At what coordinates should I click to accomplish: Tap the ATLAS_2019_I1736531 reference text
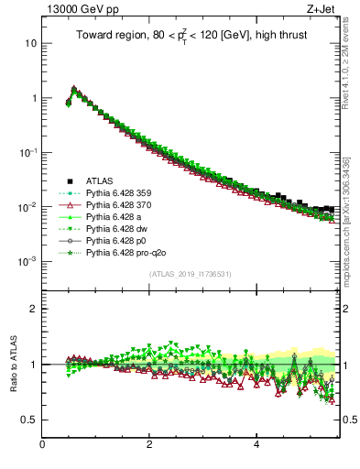click(x=190, y=274)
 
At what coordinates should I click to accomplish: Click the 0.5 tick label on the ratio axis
click(x=29, y=420)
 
